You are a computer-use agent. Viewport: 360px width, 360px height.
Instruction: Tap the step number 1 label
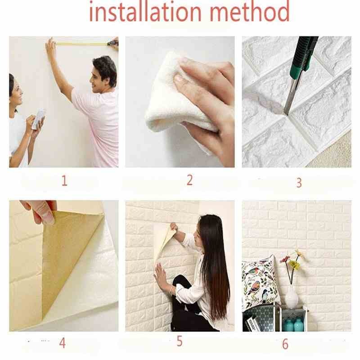pos(64,181)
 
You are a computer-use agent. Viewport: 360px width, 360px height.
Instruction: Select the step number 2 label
pos(189,180)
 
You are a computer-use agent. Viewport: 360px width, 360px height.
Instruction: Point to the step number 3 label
pos(298,183)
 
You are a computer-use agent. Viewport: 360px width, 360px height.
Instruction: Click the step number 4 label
pos(62,343)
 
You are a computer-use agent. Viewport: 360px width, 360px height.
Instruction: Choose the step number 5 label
pos(180,341)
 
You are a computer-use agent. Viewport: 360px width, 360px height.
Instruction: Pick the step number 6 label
pos(285,344)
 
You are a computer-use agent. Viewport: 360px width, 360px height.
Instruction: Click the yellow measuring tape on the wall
pos(81,44)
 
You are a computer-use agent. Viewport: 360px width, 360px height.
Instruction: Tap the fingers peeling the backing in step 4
pos(43,211)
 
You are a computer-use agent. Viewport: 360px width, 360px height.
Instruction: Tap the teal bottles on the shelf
pos(292,324)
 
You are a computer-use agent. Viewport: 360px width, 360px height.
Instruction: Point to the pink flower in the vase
pos(285,259)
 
